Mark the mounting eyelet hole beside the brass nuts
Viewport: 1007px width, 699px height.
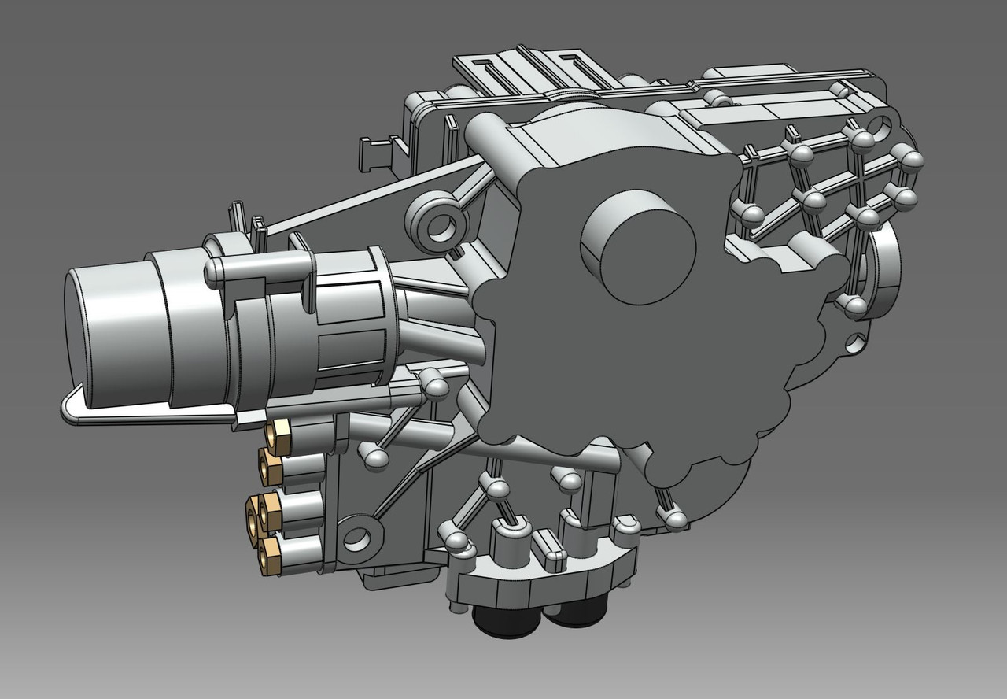[356, 538]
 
